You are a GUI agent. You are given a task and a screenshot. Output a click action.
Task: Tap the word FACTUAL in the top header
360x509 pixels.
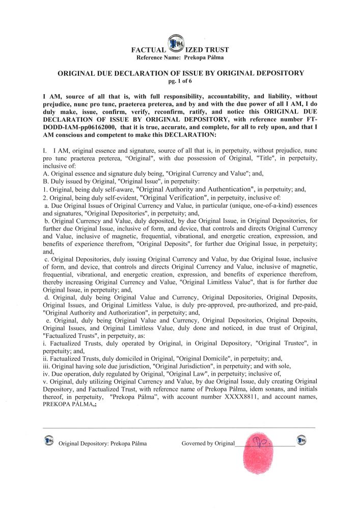(149, 50)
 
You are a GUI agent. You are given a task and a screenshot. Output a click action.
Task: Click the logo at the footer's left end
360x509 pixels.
(49, 440)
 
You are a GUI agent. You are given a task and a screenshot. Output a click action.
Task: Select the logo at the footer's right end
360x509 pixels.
(301, 439)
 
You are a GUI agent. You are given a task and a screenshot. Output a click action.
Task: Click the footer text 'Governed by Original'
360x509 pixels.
(208, 443)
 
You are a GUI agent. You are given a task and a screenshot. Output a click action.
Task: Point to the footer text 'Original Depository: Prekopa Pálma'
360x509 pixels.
(102, 443)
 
